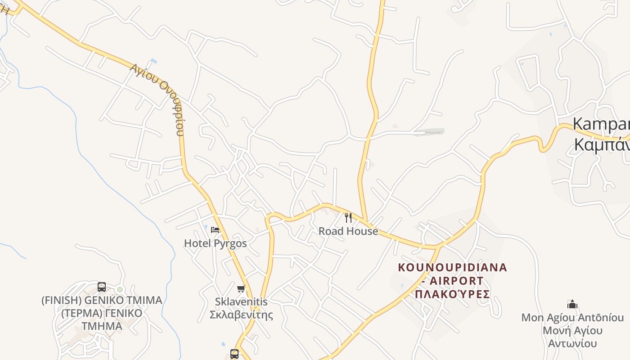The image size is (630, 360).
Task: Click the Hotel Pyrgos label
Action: (215, 243)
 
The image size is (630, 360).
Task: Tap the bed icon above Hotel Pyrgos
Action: (215, 230)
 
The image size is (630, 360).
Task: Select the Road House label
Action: (348, 231)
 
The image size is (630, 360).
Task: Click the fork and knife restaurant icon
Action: (348, 218)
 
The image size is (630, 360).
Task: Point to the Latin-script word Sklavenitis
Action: (241, 302)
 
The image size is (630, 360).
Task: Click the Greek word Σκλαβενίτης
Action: (241, 314)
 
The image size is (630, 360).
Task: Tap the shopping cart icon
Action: (241, 288)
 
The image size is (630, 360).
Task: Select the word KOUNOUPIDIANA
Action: (452, 268)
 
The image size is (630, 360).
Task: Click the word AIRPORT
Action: (456, 281)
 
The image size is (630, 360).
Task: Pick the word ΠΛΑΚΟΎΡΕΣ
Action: (452, 294)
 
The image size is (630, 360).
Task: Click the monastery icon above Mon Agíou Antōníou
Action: (572, 304)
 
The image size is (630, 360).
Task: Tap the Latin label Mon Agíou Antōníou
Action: (572, 318)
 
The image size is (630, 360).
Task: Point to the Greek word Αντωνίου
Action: (572, 343)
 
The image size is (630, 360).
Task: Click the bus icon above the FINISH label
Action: (102, 287)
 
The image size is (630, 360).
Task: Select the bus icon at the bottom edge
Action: (234, 354)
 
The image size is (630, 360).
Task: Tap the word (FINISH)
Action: (61, 300)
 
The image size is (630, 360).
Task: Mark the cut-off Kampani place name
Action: (601, 125)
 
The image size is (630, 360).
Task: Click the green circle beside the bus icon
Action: (120, 289)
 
